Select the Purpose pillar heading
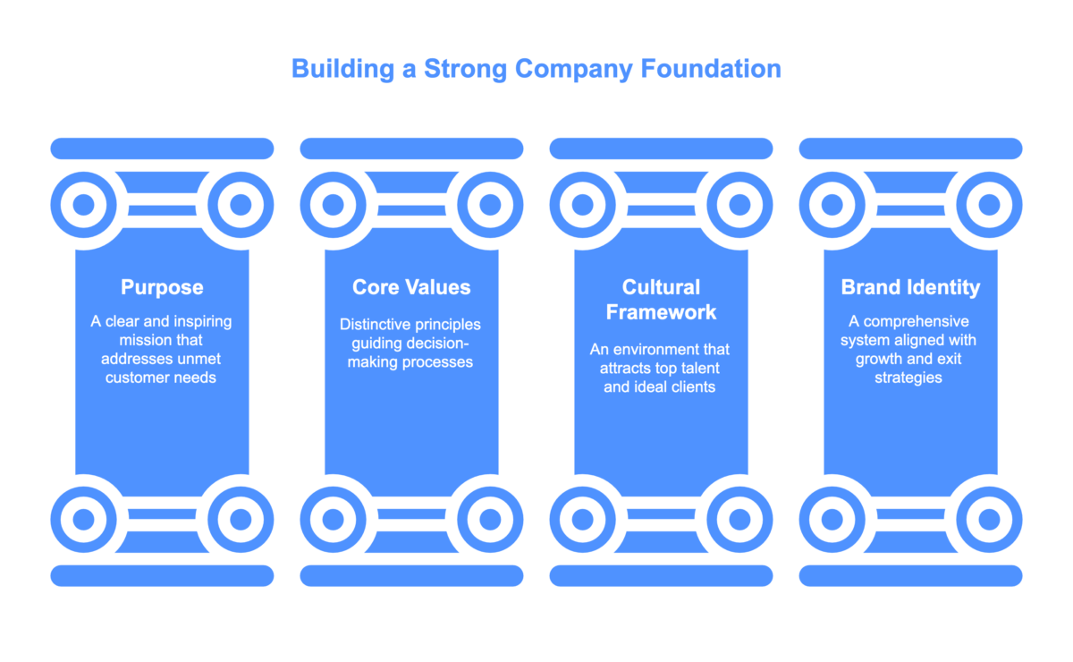162,287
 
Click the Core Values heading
411,287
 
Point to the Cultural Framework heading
661,299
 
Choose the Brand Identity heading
910,287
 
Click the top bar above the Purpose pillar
162,149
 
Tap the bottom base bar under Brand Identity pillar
910,575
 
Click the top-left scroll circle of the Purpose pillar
83,205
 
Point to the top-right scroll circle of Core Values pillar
490,205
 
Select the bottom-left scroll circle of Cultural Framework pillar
582,519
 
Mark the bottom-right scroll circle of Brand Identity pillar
989,519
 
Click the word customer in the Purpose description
135,378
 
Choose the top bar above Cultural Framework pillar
661,149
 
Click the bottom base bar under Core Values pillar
411,575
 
